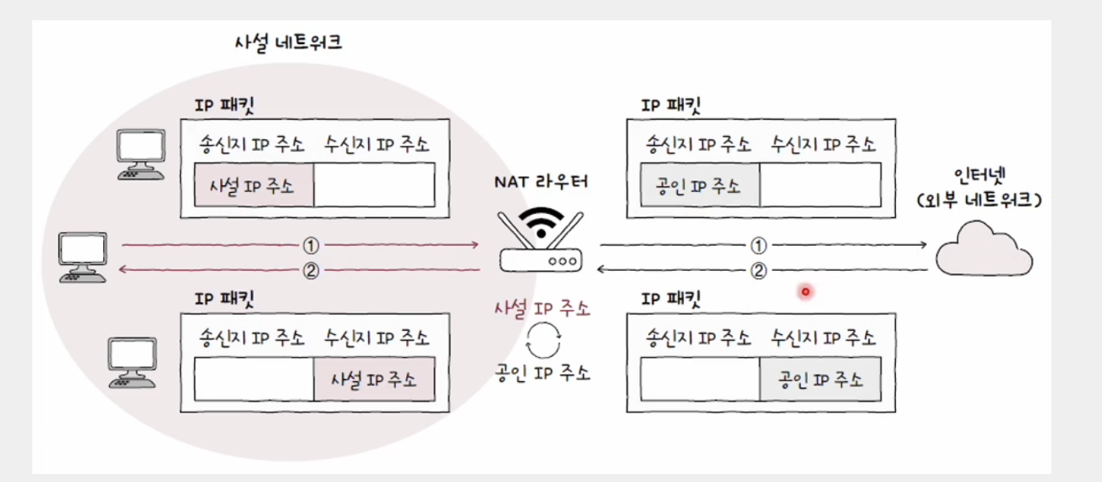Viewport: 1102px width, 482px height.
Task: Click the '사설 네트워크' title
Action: point(287,43)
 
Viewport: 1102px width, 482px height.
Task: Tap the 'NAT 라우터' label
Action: point(541,181)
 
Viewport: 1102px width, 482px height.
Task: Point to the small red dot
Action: point(805,292)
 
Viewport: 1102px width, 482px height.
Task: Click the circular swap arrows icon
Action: point(544,341)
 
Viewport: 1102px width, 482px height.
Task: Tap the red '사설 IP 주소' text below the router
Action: point(542,309)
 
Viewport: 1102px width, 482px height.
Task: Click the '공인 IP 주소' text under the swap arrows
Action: point(542,372)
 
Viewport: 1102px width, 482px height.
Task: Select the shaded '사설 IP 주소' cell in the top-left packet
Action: point(255,185)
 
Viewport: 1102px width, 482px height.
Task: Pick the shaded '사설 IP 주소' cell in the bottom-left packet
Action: point(374,380)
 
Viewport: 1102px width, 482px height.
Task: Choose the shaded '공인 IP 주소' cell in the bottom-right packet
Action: point(820,380)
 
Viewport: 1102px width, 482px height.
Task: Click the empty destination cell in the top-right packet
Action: point(820,185)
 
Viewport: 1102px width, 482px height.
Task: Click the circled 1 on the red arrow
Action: point(311,244)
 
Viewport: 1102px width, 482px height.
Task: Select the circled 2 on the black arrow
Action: point(758,271)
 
